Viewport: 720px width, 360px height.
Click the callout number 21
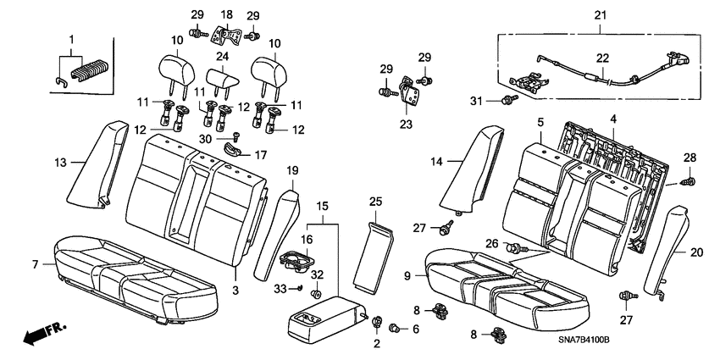[600, 14]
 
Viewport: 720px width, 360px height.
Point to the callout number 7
[36, 265]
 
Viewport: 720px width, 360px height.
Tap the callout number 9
[407, 276]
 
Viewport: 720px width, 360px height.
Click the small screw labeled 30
[235, 135]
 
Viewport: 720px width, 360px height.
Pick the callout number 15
[323, 206]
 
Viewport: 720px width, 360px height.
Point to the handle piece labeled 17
[235, 151]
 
